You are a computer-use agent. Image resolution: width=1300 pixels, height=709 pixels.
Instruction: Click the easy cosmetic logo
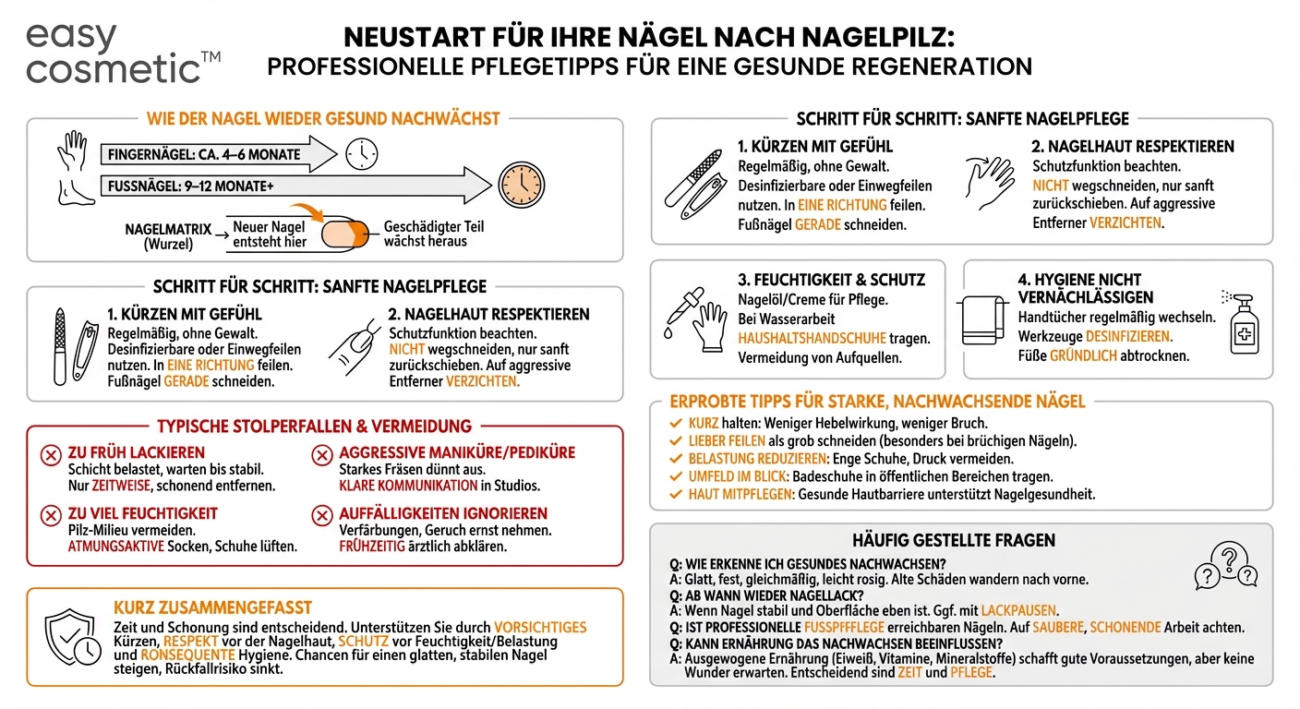pos(123,54)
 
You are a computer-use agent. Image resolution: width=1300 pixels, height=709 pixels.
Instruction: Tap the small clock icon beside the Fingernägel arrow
pos(361,153)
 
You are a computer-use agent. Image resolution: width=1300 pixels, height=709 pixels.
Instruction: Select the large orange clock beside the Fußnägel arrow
pos(522,184)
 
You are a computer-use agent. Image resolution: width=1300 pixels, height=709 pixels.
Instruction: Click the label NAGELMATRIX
pos(168,228)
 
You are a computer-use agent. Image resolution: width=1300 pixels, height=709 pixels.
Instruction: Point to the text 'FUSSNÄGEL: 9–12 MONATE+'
pos(190,185)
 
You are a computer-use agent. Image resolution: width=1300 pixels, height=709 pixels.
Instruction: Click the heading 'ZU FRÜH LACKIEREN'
pos(137,452)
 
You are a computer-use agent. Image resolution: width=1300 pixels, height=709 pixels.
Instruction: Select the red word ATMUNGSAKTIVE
pos(115,546)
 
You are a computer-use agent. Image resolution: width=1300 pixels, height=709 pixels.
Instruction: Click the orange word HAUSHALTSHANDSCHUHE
pos(812,339)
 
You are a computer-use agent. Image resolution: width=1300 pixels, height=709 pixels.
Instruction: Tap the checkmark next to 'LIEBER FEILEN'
pos(675,441)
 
